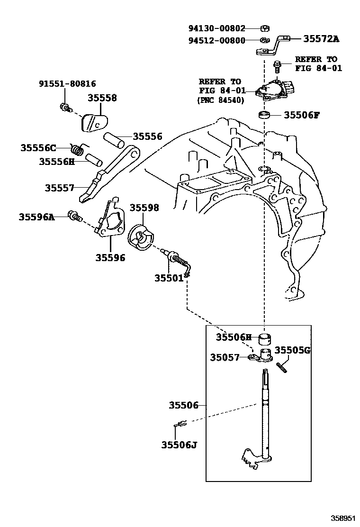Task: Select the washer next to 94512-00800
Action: click(264, 40)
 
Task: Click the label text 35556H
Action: click(57, 162)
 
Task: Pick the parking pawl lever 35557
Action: click(107, 175)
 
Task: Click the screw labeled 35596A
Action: click(74, 217)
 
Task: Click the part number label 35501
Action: click(169, 278)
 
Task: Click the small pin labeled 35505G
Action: click(280, 366)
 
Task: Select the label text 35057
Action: click(225, 357)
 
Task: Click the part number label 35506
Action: click(183, 405)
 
